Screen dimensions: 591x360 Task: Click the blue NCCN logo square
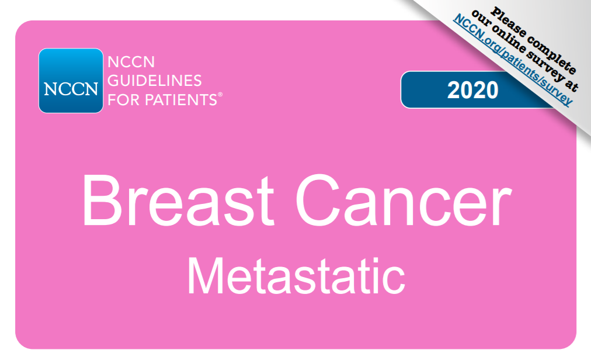click(x=71, y=81)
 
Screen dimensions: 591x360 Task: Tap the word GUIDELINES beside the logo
click(x=155, y=81)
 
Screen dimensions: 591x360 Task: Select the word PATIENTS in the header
click(x=181, y=100)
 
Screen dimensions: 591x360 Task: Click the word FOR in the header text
click(x=124, y=100)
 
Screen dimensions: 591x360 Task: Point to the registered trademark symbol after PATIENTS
click(x=221, y=95)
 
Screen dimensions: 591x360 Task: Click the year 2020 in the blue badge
click(x=472, y=90)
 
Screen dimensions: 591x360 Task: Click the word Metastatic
click(x=296, y=275)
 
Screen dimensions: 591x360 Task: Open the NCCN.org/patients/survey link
click(x=513, y=60)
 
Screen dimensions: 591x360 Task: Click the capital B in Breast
click(x=100, y=200)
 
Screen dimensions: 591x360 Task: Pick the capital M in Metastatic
click(x=206, y=276)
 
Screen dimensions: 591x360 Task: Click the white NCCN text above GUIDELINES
click(x=131, y=62)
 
